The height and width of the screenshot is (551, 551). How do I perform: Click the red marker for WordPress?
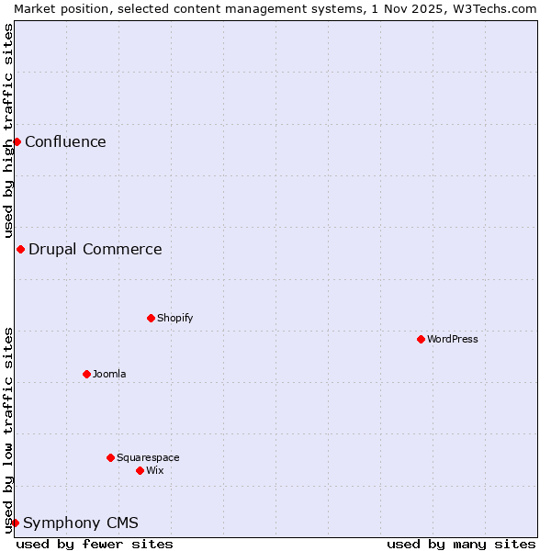(421, 339)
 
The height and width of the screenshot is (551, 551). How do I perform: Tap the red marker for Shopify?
(151, 318)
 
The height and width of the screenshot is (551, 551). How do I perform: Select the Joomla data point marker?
(86, 374)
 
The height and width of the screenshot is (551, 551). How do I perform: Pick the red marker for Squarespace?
(110, 457)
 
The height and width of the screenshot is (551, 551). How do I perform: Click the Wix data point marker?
(140, 470)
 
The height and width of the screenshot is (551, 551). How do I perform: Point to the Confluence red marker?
(17, 141)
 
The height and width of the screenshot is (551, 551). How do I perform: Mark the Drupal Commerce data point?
(20, 249)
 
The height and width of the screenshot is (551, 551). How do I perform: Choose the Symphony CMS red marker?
(15, 523)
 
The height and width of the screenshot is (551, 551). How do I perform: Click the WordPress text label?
(453, 339)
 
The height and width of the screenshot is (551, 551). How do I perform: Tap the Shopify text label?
(174, 318)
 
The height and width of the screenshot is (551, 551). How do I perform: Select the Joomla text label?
(109, 374)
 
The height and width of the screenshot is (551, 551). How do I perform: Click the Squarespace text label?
(148, 457)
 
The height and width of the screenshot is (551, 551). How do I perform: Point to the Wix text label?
(155, 470)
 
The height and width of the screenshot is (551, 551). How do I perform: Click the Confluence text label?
(65, 141)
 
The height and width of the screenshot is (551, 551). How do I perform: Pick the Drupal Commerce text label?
(95, 249)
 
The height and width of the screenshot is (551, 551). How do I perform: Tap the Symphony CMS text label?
(81, 523)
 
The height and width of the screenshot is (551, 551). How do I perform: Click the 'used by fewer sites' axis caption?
(95, 544)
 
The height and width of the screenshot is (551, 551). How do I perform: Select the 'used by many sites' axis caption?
(461, 544)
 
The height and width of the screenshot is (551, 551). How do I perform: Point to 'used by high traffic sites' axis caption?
(8, 130)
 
